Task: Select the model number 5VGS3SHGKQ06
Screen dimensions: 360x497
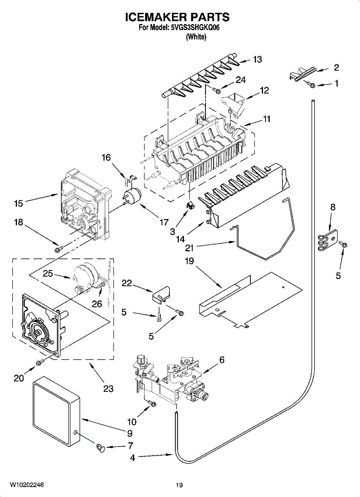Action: [195, 28]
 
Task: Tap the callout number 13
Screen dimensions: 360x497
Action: [257, 60]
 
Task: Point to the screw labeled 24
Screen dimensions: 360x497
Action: [216, 90]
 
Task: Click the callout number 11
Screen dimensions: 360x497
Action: [266, 119]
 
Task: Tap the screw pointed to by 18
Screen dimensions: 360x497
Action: [58, 249]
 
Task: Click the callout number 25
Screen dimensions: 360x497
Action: [48, 273]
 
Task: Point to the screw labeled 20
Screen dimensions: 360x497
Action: [40, 362]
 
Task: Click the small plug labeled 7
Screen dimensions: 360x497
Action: [101, 448]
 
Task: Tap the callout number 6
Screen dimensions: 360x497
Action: [222, 359]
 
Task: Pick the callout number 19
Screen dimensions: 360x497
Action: [189, 261]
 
